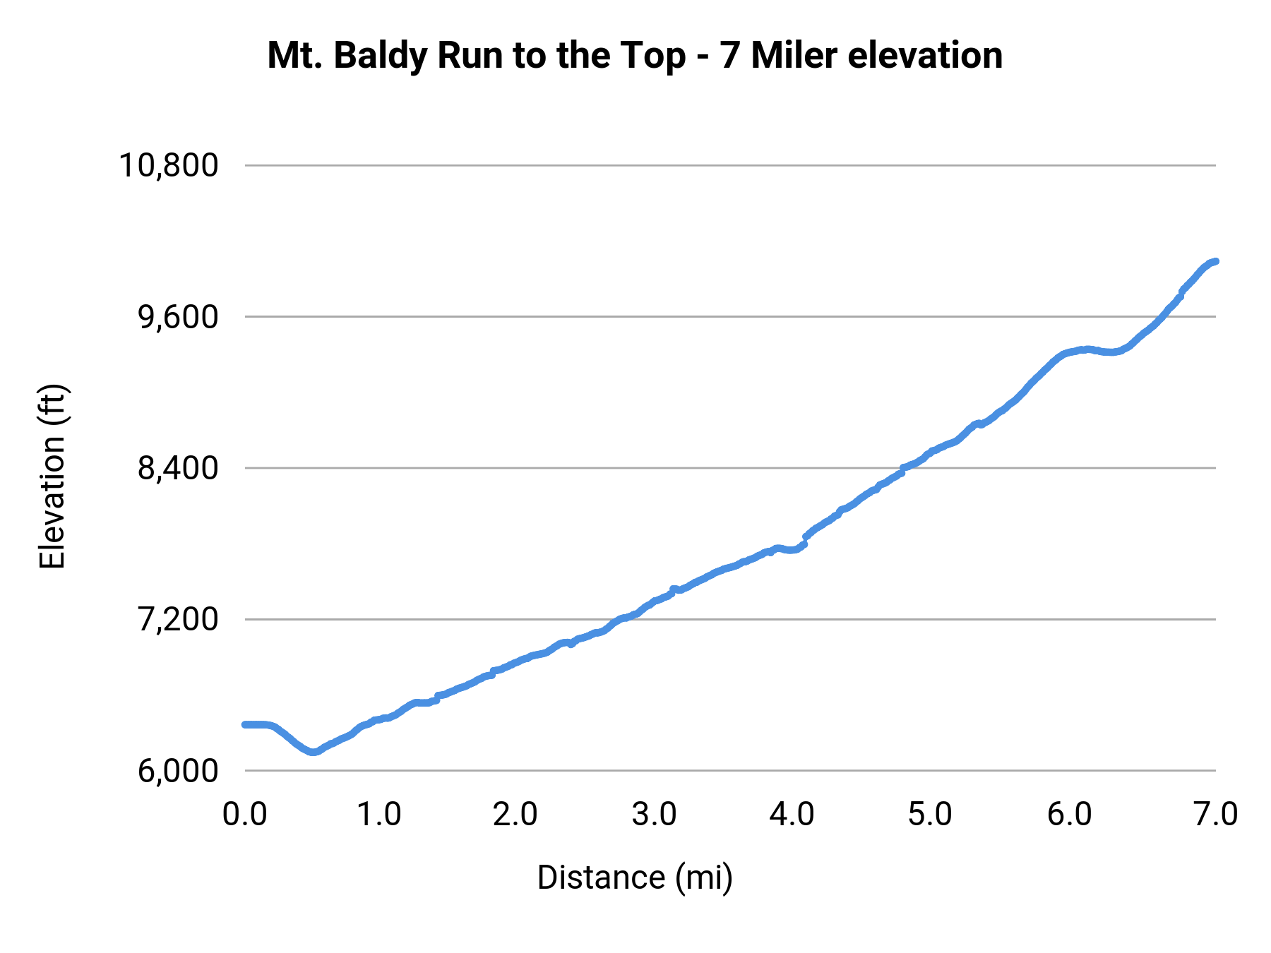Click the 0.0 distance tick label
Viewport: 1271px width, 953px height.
244,814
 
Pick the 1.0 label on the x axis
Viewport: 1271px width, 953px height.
379,814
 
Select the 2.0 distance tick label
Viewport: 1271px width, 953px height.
515,814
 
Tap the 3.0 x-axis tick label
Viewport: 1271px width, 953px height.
654,814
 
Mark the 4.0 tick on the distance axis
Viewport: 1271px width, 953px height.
792,814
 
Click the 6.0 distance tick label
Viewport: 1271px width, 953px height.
1069,814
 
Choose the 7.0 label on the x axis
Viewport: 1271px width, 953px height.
1215,814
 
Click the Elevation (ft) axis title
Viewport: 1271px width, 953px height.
52,476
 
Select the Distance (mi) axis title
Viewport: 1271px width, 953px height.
635,877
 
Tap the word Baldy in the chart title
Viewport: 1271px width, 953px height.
380,56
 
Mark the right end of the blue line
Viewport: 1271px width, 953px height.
1215,261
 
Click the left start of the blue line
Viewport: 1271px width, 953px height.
245,724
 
